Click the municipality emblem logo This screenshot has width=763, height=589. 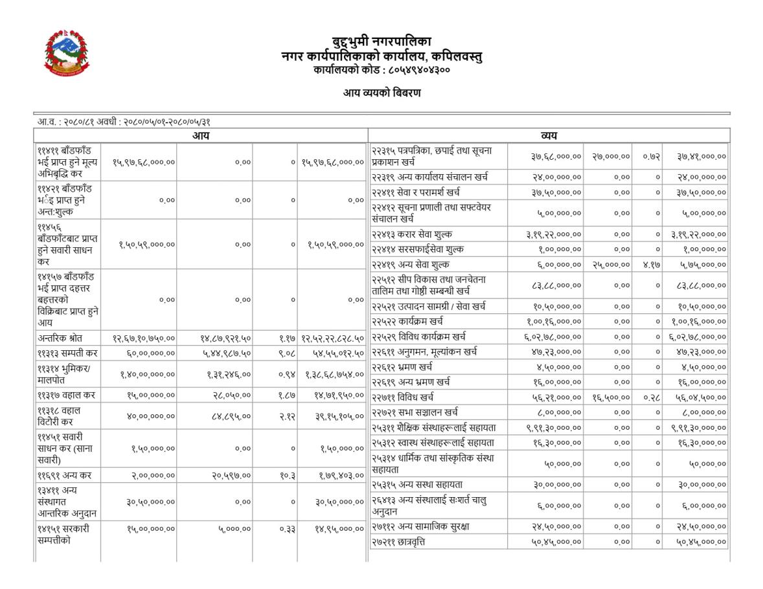point(67,52)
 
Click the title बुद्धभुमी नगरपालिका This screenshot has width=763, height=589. point(381,43)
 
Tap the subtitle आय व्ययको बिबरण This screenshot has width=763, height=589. point(381,93)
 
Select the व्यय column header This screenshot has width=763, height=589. point(549,136)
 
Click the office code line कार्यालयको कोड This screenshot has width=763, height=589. point(381,69)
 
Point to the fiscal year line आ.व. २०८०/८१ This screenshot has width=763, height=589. point(124,122)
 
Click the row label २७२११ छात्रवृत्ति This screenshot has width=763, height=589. point(398,542)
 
